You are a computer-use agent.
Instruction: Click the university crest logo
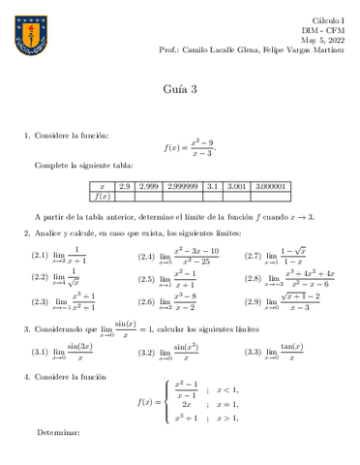click(x=29, y=32)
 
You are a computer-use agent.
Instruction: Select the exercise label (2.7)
click(x=252, y=257)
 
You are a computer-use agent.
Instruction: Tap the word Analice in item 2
click(x=50, y=234)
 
